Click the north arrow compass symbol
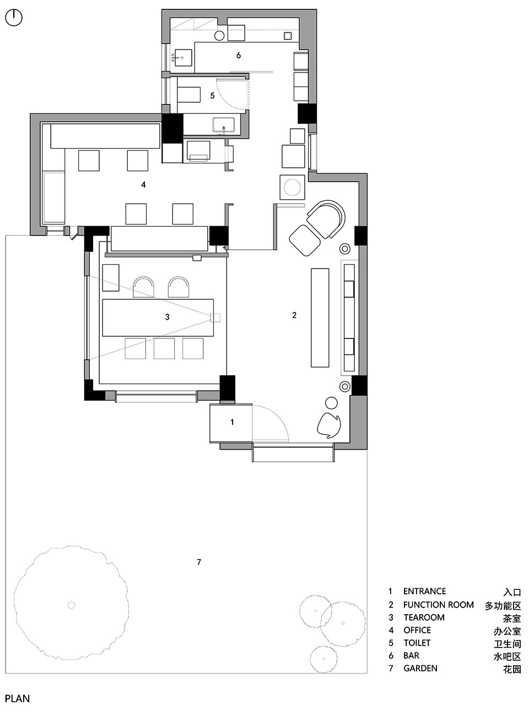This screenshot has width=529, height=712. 14,18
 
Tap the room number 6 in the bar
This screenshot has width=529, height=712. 238,55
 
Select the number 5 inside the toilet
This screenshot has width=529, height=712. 212,96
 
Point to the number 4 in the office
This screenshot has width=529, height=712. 143,184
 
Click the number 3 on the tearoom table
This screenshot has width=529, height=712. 167,317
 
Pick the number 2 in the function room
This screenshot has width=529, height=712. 294,315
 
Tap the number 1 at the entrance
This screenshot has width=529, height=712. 232,422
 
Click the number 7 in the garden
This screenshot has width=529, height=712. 199,562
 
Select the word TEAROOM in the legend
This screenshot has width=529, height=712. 424,617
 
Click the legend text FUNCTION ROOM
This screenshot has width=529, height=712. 439,605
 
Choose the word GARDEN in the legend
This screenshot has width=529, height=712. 420,668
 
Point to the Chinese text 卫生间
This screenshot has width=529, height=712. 507,643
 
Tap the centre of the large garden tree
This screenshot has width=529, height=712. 72,605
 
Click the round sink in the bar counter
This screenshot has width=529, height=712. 219,36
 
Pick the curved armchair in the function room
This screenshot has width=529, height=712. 326,218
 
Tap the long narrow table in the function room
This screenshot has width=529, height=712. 320,317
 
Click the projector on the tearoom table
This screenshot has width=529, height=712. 215,317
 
